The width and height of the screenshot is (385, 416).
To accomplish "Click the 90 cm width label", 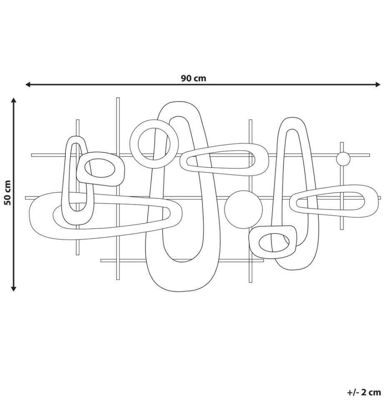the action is pyautogui.click(x=193, y=79).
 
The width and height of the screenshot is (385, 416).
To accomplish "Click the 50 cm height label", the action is pyautogui.click(x=8, y=193).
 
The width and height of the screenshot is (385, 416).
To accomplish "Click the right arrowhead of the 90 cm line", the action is pyautogui.click(x=378, y=84).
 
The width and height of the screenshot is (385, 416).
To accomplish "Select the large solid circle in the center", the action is pyautogui.click(x=243, y=209).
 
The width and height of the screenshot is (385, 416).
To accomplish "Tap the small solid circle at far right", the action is pyautogui.click(x=343, y=159).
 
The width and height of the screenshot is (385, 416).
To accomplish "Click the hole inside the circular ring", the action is pyautogui.click(x=154, y=144).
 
